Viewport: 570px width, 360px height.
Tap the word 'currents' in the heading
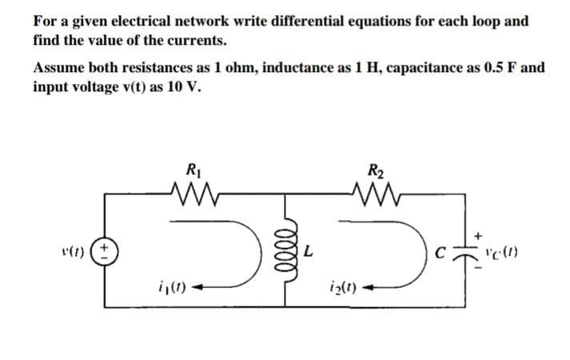point(198,38)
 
